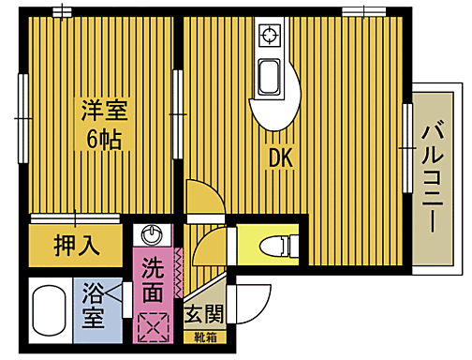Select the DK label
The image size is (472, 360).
tap(281, 160)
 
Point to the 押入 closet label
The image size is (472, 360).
tap(76, 247)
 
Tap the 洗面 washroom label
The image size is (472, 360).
tap(153, 279)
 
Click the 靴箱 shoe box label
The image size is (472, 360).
tap(203, 337)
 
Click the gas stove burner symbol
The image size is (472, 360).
tap(271, 37)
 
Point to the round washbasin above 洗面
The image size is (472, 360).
tap(150, 234)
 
